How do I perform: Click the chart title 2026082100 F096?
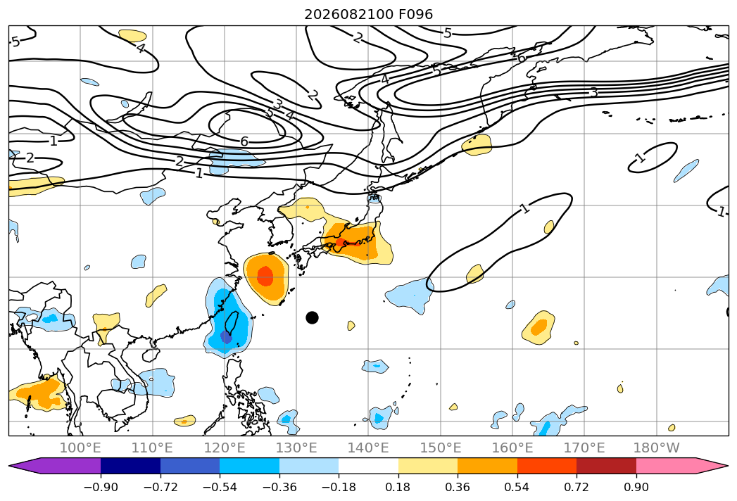pyautogui.click(x=369, y=14)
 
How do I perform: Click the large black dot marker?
pyautogui.click(x=312, y=318)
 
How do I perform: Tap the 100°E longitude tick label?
pyautogui.click(x=80, y=448)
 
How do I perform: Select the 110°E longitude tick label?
pyautogui.click(x=152, y=448)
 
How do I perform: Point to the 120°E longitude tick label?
pyautogui.click(x=225, y=448)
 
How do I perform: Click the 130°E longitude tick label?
pyautogui.click(x=296, y=448)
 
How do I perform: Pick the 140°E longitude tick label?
pyautogui.click(x=369, y=448)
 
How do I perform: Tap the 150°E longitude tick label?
pyautogui.click(x=441, y=448)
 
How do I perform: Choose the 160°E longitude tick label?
pyautogui.click(x=512, y=448)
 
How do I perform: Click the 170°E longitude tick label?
pyautogui.click(x=584, y=448)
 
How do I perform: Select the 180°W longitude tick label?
pyautogui.click(x=657, y=448)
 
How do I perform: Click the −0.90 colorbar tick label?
pyautogui.click(x=101, y=487)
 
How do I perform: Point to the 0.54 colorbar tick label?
pyautogui.click(x=517, y=487)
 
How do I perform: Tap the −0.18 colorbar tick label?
pyautogui.click(x=339, y=487)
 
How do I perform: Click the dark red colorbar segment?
pyautogui.click(x=606, y=465)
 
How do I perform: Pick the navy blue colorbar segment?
pyautogui.click(x=131, y=465)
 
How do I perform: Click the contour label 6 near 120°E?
pyautogui.click(x=244, y=141)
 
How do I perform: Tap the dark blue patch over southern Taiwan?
pyautogui.click(x=227, y=338)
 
